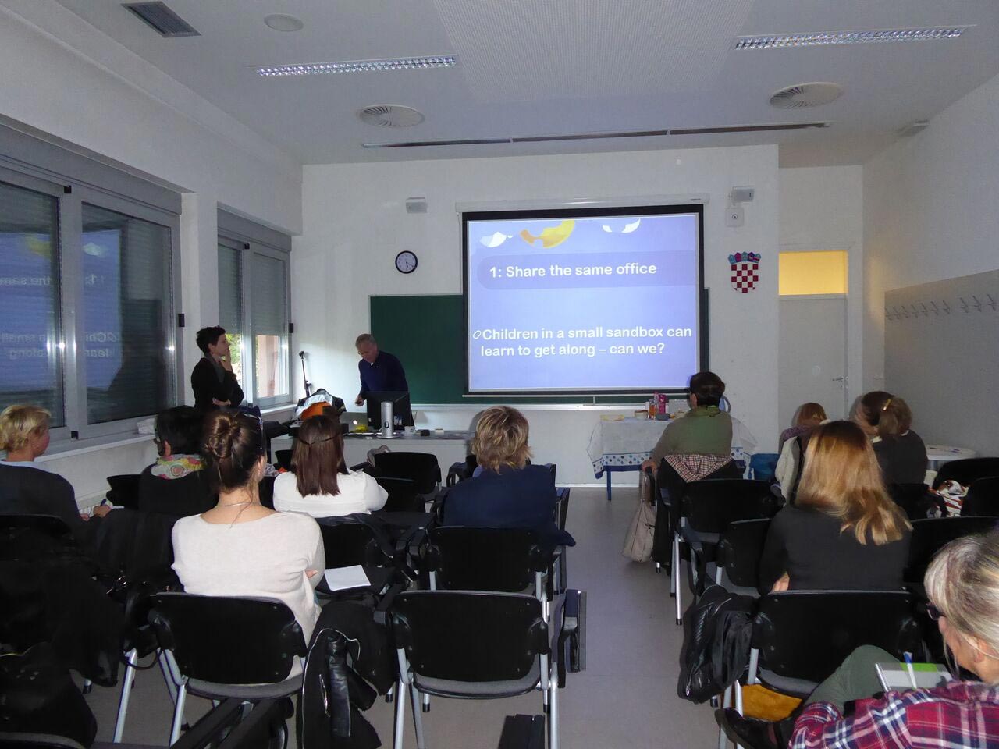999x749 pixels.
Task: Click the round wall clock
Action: [x=406, y=262]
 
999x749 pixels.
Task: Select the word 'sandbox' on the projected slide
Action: [x=627, y=332]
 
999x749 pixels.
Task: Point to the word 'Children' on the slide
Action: [x=510, y=335]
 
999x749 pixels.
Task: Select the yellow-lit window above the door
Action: [x=812, y=272]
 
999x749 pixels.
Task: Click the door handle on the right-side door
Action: [x=839, y=379]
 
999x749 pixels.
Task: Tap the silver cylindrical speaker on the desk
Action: [x=387, y=419]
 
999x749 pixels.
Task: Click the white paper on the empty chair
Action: [x=347, y=577]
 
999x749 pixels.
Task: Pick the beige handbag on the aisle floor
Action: [x=640, y=529]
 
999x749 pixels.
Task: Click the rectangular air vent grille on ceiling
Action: [x=161, y=19]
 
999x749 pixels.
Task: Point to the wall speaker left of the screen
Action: [x=415, y=205]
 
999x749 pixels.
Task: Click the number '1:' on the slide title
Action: [x=495, y=272]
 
